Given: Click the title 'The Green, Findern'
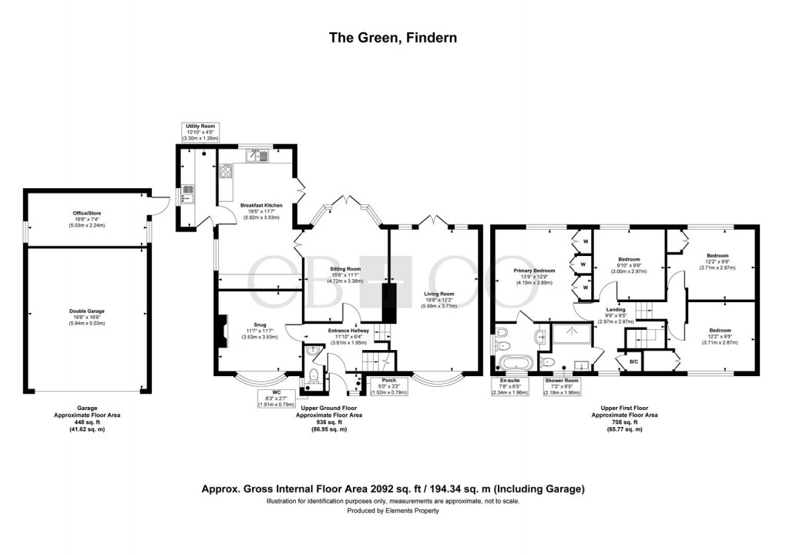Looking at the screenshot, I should (x=392, y=37).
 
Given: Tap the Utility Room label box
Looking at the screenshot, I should (x=200, y=132).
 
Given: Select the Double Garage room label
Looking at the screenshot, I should (x=86, y=316).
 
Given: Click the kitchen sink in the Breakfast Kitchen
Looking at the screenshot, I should (x=257, y=156).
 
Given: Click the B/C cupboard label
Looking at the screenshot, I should (x=633, y=361).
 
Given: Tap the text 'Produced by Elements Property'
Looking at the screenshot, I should (x=392, y=510).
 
